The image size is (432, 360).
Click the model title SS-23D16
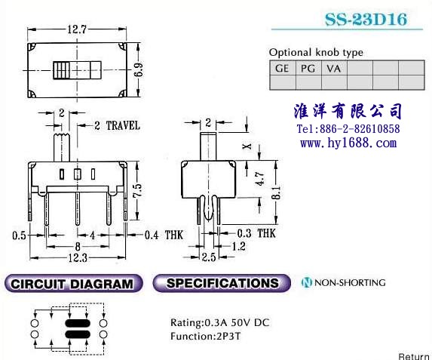pos(366,20)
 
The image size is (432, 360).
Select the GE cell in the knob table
pos(283,68)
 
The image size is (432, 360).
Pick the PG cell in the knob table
pos(308,68)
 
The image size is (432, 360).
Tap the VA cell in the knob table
pos(334,68)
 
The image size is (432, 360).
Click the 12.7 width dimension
pos(77,29)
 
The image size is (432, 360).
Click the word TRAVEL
pos(123,125)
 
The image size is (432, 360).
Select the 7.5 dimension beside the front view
pos(137,190)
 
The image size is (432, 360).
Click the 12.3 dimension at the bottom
pos(78,258)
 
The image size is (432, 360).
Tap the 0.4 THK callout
pos(164,235)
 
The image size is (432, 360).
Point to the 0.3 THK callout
pos(256,233)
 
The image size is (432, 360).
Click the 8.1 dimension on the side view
pos(277,192)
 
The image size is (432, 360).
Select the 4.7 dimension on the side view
pos(260,179)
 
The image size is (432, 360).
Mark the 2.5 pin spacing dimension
pos(209,257)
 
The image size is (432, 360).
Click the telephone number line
pos(348,129)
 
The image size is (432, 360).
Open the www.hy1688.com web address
pos(348,143)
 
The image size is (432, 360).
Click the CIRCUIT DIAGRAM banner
pos(73,283)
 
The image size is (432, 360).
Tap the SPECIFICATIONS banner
pos(222,283)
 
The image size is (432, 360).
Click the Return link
pos(414,356)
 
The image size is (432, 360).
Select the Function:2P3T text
pos(206,337)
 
